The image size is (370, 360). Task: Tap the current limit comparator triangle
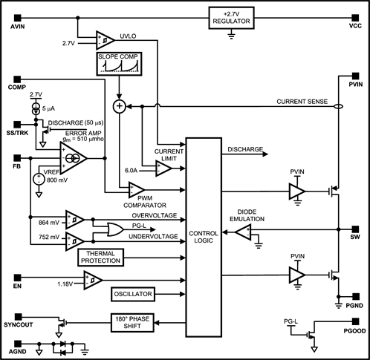coord(163,169)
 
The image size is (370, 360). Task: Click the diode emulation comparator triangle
coord(244,232)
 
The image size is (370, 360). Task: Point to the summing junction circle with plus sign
coord(117,106)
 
